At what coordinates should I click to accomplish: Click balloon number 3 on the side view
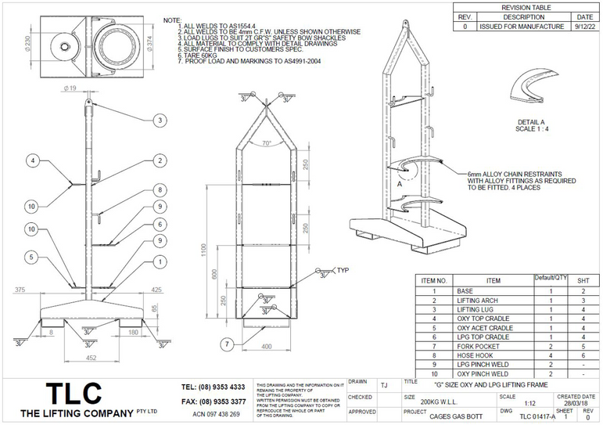tap(159, 120)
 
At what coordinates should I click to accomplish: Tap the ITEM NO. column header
tap(434, 279)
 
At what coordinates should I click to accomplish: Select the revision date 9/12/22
tap(584, 26)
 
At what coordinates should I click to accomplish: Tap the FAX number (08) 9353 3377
tap(213, 401)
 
